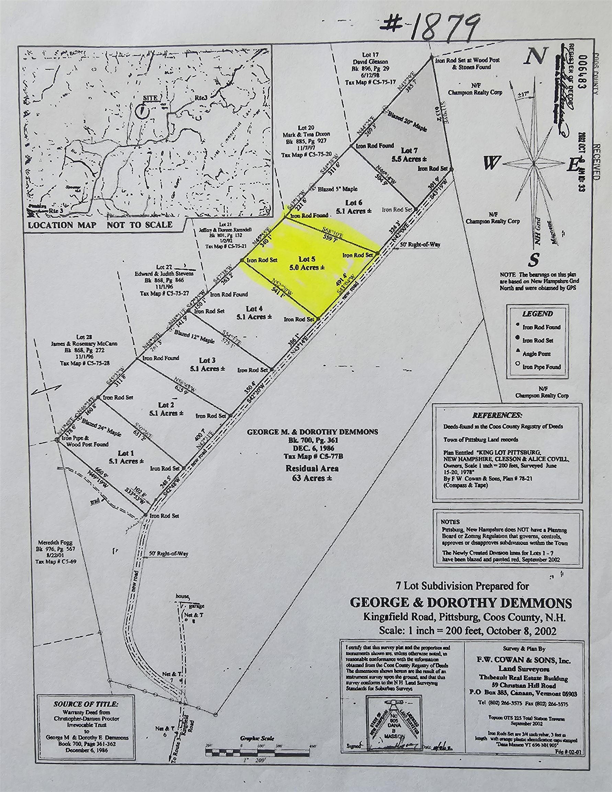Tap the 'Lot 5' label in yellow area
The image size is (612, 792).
click(x=304, y=259)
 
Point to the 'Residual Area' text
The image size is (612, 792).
click(x=312, y=468)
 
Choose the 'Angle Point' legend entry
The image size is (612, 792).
click(x=536, y=354)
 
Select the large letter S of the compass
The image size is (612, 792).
click(x=534, y=260)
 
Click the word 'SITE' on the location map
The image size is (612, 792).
click(x=151, y=98)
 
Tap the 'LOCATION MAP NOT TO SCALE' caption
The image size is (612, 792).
click(x=100, y=224)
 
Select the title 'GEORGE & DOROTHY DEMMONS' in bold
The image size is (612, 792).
click(x=460, y=603)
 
